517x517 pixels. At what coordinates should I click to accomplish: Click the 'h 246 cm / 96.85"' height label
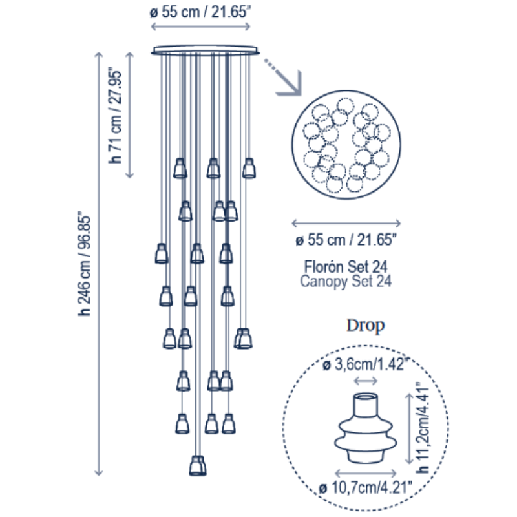84,264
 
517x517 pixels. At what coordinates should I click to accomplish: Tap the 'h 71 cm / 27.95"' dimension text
116,116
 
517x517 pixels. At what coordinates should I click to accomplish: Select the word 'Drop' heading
365,326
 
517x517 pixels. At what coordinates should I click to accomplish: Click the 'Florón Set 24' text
346,266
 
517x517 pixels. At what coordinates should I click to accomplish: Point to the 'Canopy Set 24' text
346,281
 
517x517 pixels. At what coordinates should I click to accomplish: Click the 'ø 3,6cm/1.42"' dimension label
365,364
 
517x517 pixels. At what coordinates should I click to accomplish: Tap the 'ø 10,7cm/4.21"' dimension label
365,488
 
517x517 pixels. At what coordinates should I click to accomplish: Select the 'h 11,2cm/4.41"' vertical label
423,428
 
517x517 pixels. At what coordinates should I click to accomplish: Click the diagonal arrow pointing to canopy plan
283,78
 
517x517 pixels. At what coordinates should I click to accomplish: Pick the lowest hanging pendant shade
198,465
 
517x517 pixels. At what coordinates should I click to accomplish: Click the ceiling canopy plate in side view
205,50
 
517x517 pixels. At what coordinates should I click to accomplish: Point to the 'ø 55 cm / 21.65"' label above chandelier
200,12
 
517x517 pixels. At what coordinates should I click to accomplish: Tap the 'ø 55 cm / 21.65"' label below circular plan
346,240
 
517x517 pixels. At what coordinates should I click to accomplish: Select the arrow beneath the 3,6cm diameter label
366,381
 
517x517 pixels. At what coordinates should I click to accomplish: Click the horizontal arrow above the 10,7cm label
366,474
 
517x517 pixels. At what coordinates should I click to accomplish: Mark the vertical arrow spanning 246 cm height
99,264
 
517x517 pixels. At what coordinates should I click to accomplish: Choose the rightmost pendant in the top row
249,168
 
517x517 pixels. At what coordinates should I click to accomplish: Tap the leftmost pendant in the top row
180,168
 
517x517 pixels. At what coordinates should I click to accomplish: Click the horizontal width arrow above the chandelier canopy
200,26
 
